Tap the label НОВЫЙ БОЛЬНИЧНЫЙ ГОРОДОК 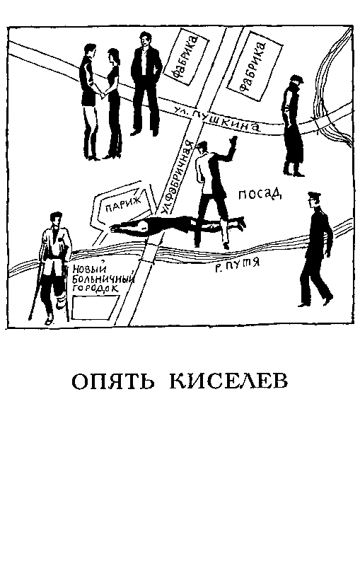pyautogui.click(x=95, y=279)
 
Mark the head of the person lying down pyautogui.click(x=145, y=226)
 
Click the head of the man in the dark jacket pyautogui.click(x=144, y=40)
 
